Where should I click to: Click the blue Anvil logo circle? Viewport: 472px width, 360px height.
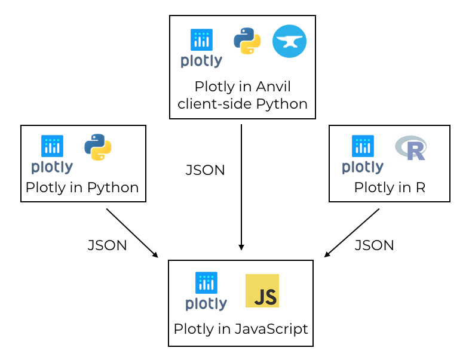coord(289,42)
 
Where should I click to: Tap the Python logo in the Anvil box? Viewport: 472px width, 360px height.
coord(247,41)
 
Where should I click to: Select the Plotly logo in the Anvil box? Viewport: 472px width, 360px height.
coord(201,48)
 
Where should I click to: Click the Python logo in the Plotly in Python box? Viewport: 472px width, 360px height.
coord(98,147)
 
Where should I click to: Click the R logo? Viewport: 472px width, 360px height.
coord(411,148)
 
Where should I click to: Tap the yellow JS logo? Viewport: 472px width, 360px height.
coord(262,291)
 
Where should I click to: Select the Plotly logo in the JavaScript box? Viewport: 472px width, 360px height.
coord(206,291)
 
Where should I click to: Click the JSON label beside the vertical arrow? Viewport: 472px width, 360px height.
coord(206,170)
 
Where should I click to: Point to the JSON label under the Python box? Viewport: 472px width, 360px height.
coord(108,245)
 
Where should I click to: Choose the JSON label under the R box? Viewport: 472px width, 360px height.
coord(375,245)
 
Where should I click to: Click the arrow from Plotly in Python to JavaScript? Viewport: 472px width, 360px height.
coord(132,233)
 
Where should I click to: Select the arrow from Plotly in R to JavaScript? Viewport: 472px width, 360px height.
coord(352,233)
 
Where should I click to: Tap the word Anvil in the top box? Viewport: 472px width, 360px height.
coord(273,87)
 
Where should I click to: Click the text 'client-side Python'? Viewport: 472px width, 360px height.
coord(243,104)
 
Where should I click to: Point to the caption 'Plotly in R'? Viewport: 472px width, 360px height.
coord(390,187)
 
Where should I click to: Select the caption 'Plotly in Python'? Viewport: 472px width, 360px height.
coord(82,187)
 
